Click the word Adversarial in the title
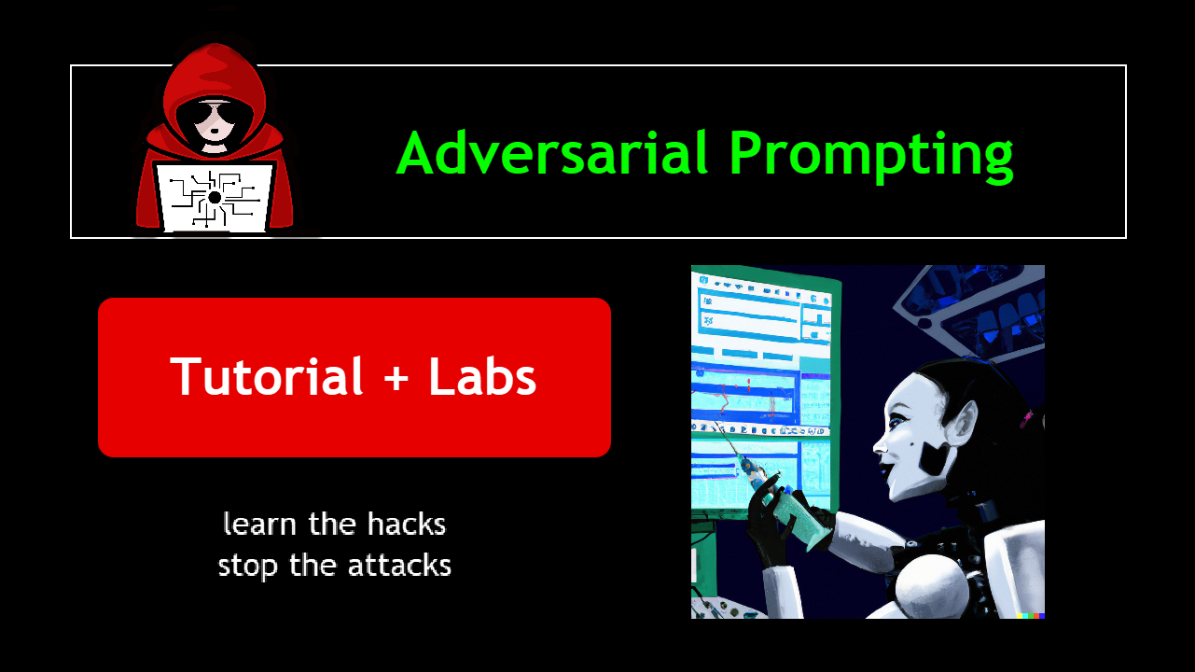click(552, 153)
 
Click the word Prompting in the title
click(871, 157)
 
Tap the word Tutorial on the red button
click(266, 376)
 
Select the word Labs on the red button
click(482, 376)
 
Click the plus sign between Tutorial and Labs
click(396, 378)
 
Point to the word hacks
click(407, 524)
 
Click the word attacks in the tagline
click(399, 566)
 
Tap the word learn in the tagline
click(260, 524)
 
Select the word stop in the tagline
click(248, 567)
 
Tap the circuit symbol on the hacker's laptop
click(215, 198)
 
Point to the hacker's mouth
click(214, 132)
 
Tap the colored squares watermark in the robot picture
click(1031, 615)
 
